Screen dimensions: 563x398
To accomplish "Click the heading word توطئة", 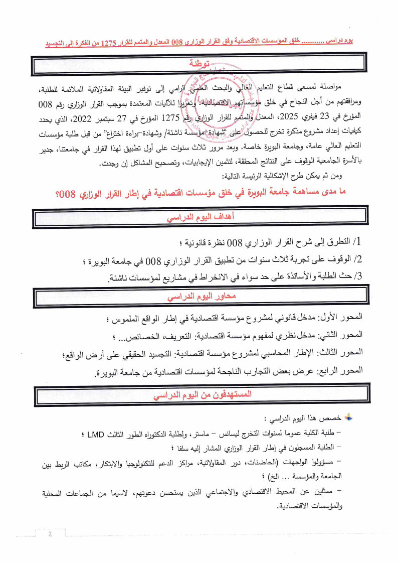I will [x=199, y=64].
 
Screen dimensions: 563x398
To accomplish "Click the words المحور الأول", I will [x=338, y=319].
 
